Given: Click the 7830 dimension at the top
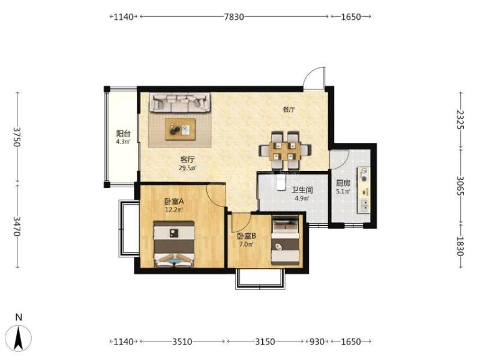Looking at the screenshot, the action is click(x=234, y=17).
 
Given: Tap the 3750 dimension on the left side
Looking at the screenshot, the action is click(x=17, y=137).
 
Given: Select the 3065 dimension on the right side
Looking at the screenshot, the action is click(x=460, y=185).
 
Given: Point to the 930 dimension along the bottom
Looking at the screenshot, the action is click(x=317, y=341).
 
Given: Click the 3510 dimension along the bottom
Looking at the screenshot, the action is click(x=182, y=341).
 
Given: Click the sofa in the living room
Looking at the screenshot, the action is click(x=180, y=103).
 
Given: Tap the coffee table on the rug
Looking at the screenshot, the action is click(x=181, y=129).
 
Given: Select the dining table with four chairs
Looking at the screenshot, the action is click(x=285, y=151).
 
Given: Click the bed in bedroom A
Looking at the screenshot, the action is click(x=174, y=244).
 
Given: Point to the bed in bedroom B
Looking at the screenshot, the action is click(x=286, y=241).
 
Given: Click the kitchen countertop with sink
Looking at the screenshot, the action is click(x=364, y=190).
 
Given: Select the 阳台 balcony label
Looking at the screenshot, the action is click(x=124, y=134).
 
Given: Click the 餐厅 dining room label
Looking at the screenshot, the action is click(x=289, y=109).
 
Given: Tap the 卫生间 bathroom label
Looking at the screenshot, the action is click(x=302, y=190).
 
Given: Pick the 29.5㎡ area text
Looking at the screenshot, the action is click(x=187, y=168).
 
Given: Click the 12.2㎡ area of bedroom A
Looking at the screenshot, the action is click(x=174, y=209).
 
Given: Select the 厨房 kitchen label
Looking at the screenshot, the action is click(x=343, y=184).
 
